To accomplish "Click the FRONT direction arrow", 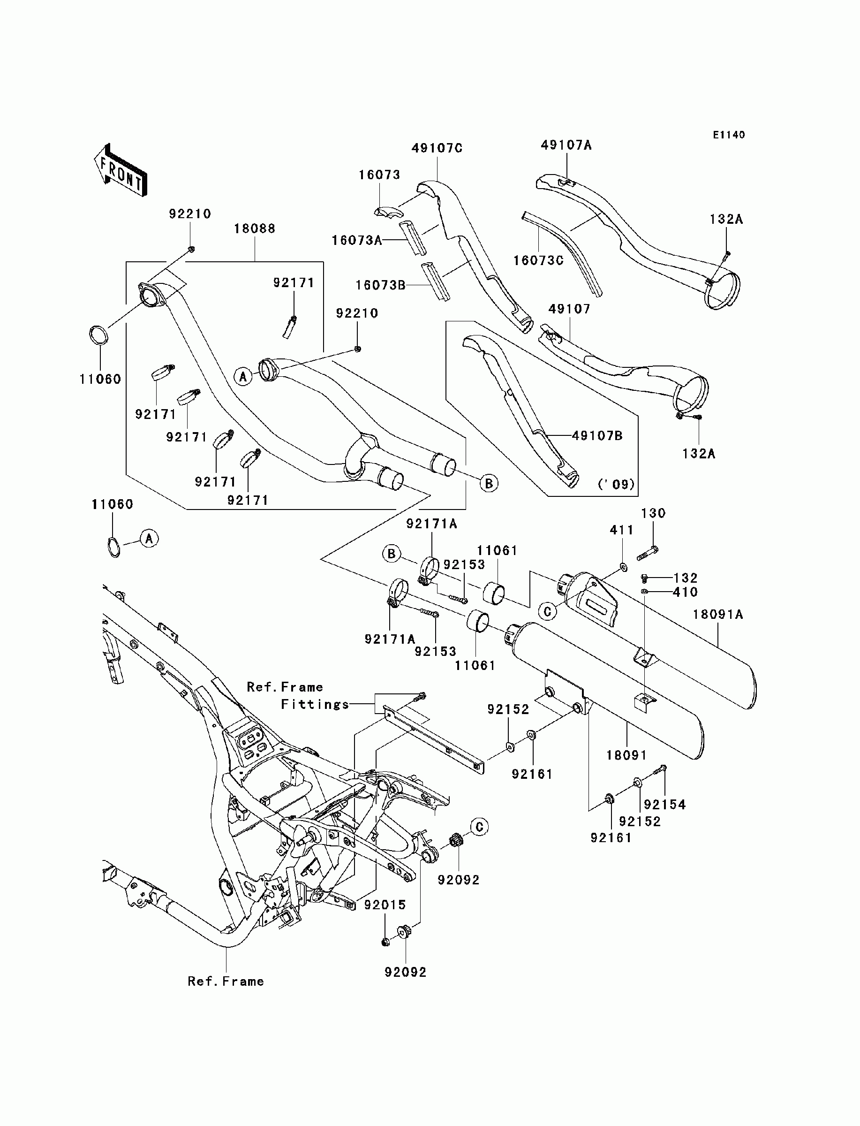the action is [121, 169].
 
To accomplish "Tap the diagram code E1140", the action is [729, 135].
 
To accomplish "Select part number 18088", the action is [255, 228].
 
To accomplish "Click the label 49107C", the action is [437, 148].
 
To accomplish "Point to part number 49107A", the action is [566, 145].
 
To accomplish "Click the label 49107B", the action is [597, 435].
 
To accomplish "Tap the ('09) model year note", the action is [616, 484].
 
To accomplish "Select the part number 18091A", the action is [718, 614].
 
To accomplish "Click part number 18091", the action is [626, 755].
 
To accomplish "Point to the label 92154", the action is [664, 805].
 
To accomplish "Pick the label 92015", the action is [385, 905].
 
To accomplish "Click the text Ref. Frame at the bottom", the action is [226, 981].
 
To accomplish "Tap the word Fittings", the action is [315, 705].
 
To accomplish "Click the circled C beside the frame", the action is [480, 827].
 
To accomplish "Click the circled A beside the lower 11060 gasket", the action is [149, 538].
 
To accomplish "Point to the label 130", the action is [653, 512].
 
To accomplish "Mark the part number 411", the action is [621, 530].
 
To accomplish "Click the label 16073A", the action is [357, 240].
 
